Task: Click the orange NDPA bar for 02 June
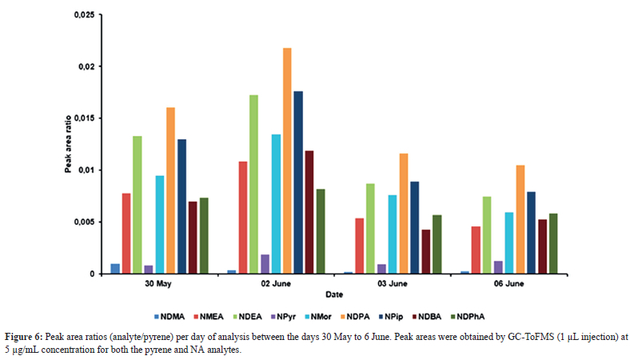[287, 161]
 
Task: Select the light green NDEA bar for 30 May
[138, 205]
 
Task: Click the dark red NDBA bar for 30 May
[193, 238]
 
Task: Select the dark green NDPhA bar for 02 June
[321, 231]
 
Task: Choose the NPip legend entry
[404, 314]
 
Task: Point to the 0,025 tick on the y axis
[84, 15]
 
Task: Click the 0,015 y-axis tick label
[84, 118]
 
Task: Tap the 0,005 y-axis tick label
[84, 222]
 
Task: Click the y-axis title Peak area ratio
[70, 144]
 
